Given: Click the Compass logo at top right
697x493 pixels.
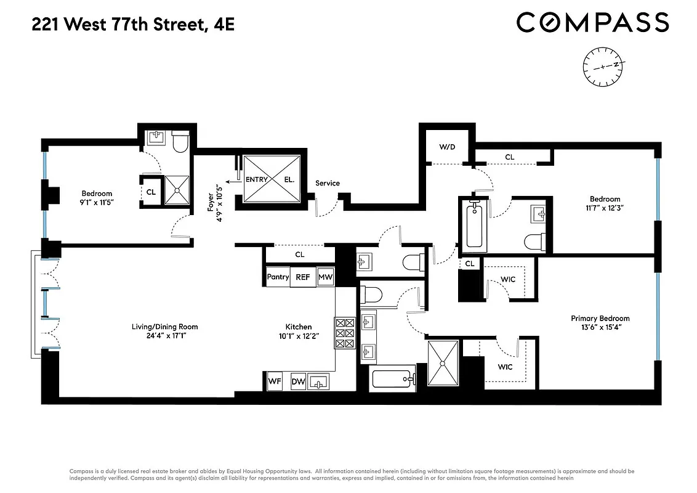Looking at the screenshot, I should coord(592,23).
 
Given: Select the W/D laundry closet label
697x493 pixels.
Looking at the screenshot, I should coord(447,147).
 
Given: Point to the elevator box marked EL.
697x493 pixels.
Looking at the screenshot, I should coord(289,180).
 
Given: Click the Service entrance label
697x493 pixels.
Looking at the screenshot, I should coord(328,183).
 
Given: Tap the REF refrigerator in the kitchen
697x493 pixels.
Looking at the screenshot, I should coord(303,277).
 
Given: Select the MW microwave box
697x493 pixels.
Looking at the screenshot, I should coord(326,277).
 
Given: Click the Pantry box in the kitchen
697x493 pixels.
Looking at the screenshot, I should coord(278,277).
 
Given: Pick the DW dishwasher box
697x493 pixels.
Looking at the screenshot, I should coord(298,381).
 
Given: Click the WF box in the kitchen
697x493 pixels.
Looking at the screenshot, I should coord(275,381).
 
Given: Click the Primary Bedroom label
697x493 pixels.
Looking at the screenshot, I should coord(600,319).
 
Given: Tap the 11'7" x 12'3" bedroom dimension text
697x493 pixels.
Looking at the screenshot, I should coord(605,208).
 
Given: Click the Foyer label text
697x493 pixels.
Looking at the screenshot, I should coord(211,201).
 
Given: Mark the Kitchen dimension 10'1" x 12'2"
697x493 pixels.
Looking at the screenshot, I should coord(298,337).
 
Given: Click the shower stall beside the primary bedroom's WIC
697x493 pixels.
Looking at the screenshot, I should coord(443,363).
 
